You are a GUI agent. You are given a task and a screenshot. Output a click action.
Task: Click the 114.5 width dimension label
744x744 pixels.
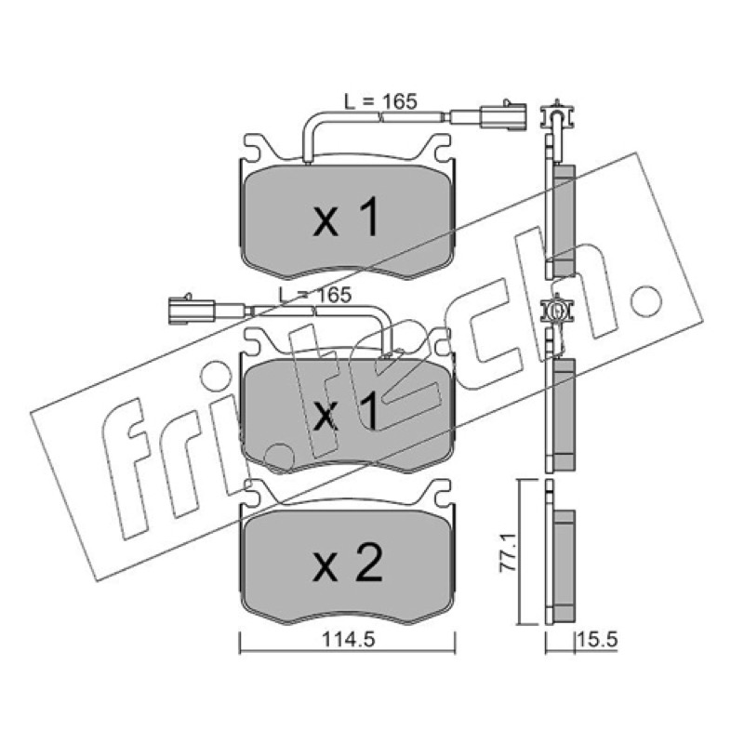(x=348, y=640)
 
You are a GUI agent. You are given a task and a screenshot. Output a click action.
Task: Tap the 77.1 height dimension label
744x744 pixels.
(x=508, y=552)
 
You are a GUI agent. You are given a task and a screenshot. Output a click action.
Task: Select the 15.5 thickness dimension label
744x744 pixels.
(x=597, y=640)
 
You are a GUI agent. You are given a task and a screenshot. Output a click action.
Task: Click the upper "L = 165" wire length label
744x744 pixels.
(x=380, y=101)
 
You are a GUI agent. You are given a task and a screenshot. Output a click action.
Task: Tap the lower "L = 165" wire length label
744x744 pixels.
(x=315, y=295)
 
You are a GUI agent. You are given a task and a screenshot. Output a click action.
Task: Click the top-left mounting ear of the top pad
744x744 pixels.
(x=255, y=145)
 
